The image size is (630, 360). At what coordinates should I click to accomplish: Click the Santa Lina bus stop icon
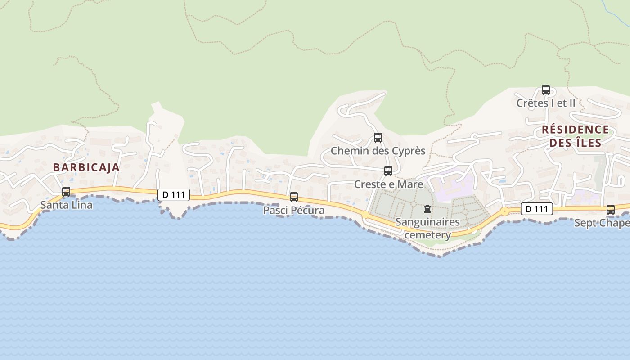[66, 192]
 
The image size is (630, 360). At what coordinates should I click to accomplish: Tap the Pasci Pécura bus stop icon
[294, 197]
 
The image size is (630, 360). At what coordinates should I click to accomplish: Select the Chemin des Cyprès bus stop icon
[378, 138]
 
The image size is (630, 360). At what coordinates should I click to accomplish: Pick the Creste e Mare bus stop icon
[388, 171]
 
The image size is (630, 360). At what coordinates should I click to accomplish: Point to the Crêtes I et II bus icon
[546, 90]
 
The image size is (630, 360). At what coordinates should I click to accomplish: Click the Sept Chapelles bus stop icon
[611, 210]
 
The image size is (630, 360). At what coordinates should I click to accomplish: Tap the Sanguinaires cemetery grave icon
[427, 209]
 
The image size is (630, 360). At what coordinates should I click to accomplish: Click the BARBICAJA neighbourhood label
[86, 167]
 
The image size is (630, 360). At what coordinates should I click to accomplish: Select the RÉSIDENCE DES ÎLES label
[575, 136]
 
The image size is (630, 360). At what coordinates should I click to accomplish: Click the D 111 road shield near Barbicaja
[174, 195]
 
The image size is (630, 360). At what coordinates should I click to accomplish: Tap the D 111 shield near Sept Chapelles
[537, 209]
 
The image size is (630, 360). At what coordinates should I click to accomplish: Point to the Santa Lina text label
[67, 205]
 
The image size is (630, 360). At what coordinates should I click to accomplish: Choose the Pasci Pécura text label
[294, 211]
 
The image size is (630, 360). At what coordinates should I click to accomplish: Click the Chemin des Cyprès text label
[378, 151]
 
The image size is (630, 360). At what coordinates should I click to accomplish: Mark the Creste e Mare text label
[389, 184]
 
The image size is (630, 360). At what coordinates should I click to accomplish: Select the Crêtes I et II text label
[546, 103]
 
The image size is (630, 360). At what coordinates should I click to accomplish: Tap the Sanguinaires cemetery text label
[427, 229]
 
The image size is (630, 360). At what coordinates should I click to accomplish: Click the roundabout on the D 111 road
[505, 211]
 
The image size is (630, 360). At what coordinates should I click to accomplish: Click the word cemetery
[428, 235]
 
